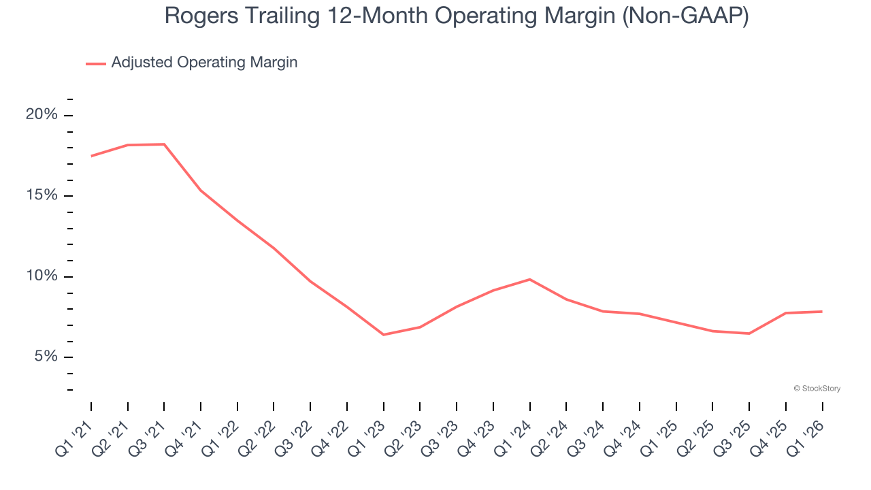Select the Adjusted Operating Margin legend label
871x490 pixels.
coord(204,63)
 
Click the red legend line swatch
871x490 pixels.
coord(96,63)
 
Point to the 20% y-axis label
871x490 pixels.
coord(42,114)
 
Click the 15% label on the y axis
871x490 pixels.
coord(42,195)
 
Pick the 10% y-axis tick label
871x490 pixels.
coord(42,276)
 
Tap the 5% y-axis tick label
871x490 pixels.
coord(46,357)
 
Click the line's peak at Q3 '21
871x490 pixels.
coord(165,144)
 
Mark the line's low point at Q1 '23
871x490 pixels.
coord(384,335)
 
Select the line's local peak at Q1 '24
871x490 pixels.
coord(530,279)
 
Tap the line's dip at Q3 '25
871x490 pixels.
coord(749,333)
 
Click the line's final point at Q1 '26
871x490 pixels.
coord(822,312)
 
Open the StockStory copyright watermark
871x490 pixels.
coord(817,389)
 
